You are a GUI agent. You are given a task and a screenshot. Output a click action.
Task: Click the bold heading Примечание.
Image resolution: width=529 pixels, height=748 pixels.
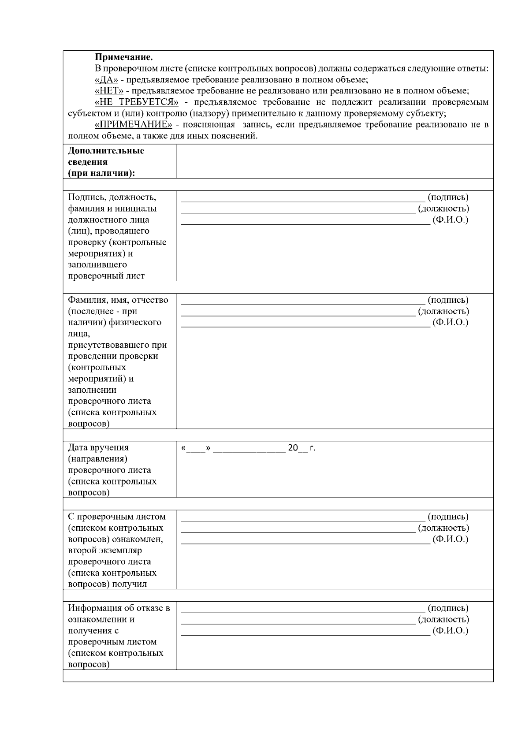[x=124, y=57]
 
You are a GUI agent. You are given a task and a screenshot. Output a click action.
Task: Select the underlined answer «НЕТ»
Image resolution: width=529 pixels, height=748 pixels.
[x=109, y=91]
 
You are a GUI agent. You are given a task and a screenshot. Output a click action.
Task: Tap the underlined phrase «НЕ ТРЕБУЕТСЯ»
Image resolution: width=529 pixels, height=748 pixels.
[x=136, y=102]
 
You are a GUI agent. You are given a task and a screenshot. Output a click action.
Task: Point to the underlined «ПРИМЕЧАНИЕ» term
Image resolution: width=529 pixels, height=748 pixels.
[x=133, y=124]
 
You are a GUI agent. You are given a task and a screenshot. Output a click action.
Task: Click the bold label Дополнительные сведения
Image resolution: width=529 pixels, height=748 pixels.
[x=106, y=156]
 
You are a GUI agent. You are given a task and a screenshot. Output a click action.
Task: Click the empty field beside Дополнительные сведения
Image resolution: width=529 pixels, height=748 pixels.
[x=334, y=161]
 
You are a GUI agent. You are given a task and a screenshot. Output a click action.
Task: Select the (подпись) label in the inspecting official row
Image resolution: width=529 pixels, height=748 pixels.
[x=448, y=197]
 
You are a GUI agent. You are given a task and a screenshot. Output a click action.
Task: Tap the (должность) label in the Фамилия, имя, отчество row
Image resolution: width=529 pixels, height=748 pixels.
[x=443, y=311]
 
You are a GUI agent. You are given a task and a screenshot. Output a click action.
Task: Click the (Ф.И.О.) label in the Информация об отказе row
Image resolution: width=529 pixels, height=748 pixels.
[x=450, y=631]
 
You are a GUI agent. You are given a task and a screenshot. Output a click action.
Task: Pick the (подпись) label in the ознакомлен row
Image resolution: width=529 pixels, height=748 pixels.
[x=448, y=517]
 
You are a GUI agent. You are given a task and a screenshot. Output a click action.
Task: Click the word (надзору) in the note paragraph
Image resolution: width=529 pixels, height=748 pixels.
[x=201, y=113]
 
